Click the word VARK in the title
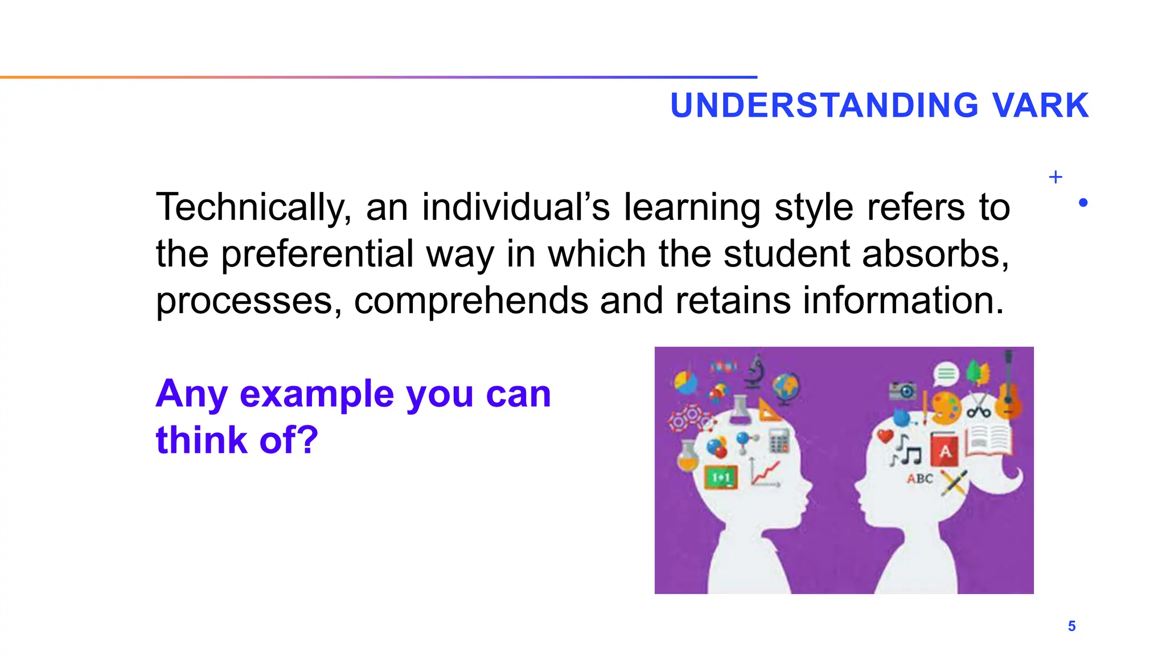click(x=1040, y=105)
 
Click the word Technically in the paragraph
click(x=253, y=207)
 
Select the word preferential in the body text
click(x=317, y=254)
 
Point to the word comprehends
click(x=471, y=301)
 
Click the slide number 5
click(x=1071, y=626)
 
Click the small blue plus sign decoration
click(x=1055, y=177)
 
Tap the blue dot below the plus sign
click(x=1083, y=203)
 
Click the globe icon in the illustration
click(x=786, y=387)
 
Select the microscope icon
click(x=756, y=372)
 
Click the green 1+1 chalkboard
click(x=721, y=477)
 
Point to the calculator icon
click(x=779, y=440)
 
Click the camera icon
click(x=902, y=391)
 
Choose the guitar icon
click(x=1008, y=387)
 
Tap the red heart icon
click(x=885, y=437)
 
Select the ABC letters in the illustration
click(x=919, y=479)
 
